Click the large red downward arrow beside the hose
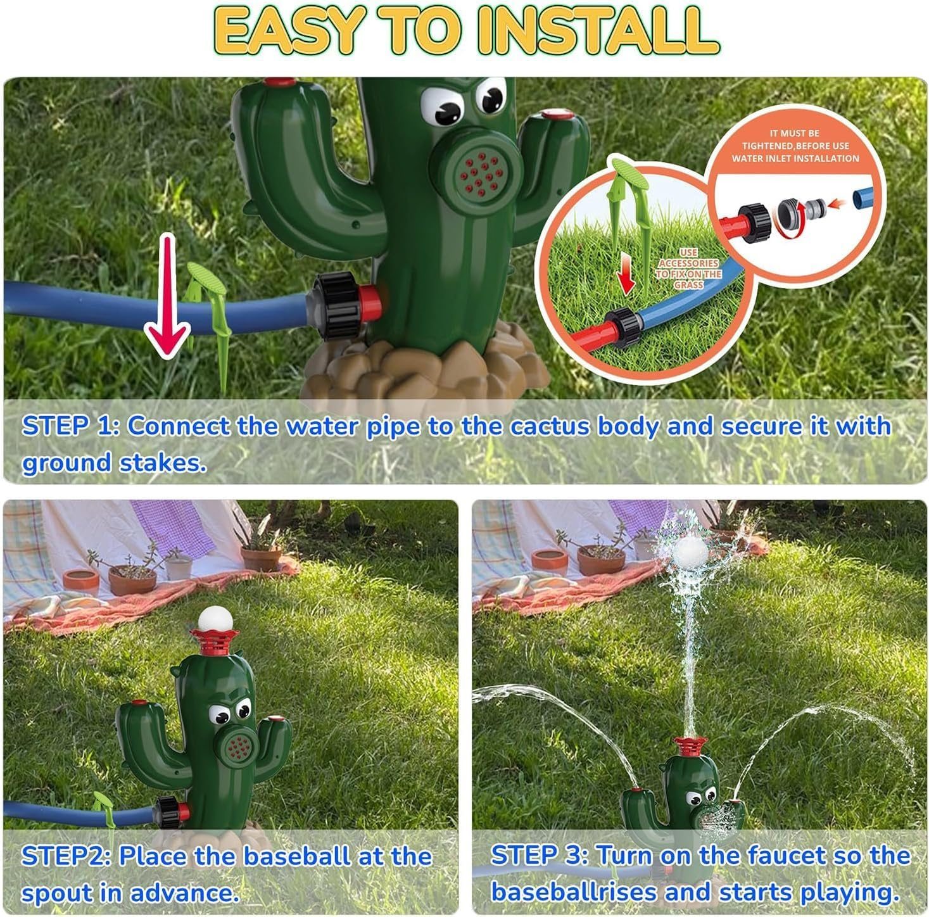pos(167,298)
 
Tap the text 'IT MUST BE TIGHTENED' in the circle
pos(795,139)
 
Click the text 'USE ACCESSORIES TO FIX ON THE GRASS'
pos(688,269)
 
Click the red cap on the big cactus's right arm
pos(557,116)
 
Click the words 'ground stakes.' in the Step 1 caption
pos(114,463)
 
